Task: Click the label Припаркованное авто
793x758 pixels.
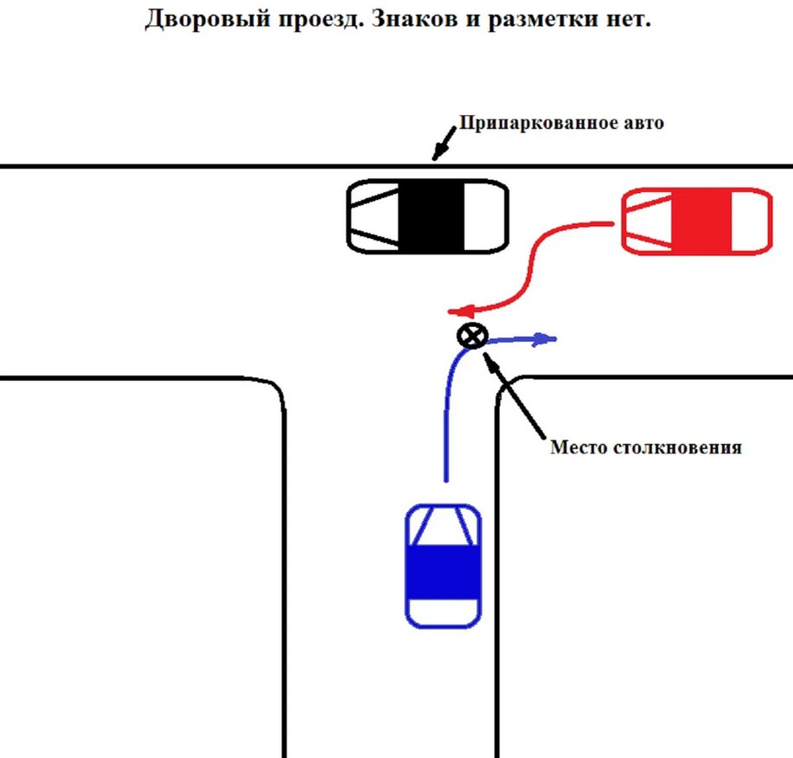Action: click(x=560, y=123)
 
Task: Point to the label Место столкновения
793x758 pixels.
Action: click(x=646, y=448)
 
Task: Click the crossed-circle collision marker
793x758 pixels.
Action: click(x=472, y=336)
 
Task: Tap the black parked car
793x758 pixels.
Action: click(x=426, y=216)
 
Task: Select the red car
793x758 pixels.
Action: click(x=697, y=222)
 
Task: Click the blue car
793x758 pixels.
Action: click(x=443, y=566)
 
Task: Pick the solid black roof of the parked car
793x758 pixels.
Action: click(x=432, y=216)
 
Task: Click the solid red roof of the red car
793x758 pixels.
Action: click(x=701, y=222)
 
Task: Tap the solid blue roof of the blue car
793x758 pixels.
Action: click(x=443, y=575)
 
